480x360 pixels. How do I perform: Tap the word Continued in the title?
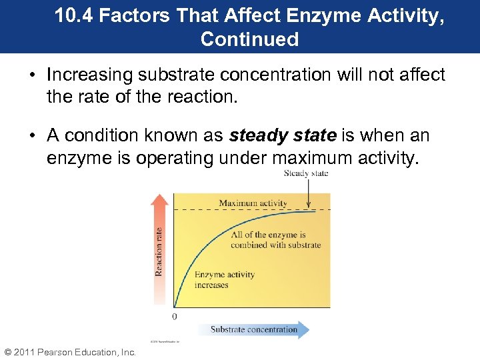249,39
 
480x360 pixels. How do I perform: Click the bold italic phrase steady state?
283,136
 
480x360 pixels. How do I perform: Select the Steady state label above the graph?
306,173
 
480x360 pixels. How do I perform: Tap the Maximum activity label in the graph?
253,203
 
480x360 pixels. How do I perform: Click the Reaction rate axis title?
159,251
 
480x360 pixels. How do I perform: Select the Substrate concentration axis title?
254,329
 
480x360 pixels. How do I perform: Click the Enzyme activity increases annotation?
224,280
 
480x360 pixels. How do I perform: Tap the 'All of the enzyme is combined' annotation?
275,240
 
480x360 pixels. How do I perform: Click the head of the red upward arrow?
159,199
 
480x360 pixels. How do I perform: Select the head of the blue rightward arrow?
304,329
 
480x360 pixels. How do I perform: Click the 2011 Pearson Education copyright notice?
70,352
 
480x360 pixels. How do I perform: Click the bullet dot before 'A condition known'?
33,136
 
